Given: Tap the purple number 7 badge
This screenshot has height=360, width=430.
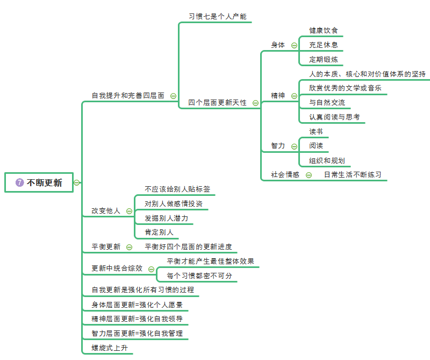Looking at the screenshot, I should (x=20, y=182).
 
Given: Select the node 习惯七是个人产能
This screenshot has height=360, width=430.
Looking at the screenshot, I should (x=217, y=16).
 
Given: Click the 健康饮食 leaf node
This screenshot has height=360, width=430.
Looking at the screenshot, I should (x=324, y=30).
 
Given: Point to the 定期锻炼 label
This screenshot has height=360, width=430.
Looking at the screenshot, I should (x=324, y=59).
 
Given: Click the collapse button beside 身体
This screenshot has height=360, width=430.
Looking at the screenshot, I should (x=294, y=45).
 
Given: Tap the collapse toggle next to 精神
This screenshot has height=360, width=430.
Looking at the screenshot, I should (x=294, y=96).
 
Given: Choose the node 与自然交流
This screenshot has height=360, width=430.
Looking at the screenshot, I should (x=327, y=102).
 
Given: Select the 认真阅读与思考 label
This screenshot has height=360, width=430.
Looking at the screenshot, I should (x=334, y=117).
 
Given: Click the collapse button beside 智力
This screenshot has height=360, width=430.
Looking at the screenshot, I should (x=294, y=146).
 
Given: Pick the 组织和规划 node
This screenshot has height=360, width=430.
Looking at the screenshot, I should (x=327, y=160).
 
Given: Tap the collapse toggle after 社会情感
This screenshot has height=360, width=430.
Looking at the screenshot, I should (x=309, y=174).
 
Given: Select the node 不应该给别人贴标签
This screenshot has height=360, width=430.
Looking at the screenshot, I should (x=177, y=189).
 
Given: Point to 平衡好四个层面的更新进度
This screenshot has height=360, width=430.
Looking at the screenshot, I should (x=188, y=246).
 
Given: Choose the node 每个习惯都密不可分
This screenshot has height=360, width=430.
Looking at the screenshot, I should (x=199, y=276).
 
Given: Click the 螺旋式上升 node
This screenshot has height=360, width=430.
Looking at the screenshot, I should (x=110, y=348).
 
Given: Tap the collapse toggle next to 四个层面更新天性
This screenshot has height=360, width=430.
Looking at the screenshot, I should (x=255, y=103).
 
